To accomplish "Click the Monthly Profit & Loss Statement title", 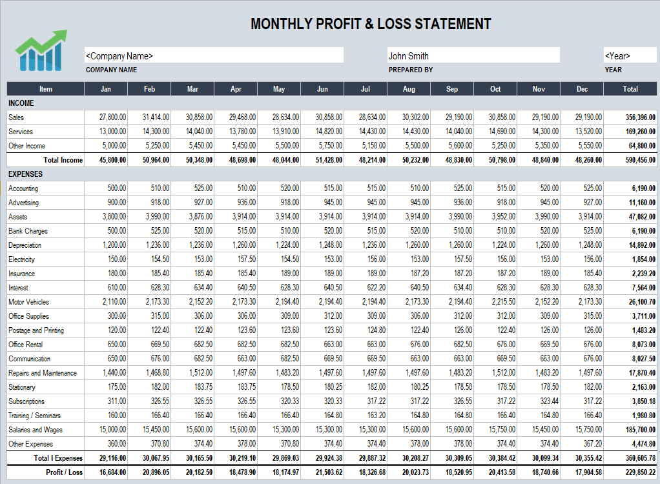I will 371,25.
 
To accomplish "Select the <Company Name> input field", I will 214,55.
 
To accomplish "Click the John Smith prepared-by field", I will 473,55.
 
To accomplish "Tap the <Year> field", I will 630,55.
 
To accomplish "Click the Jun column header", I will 322,89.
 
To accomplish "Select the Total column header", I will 630,89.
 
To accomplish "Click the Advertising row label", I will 23,203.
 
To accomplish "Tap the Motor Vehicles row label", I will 28,302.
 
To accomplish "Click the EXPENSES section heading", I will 25,174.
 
